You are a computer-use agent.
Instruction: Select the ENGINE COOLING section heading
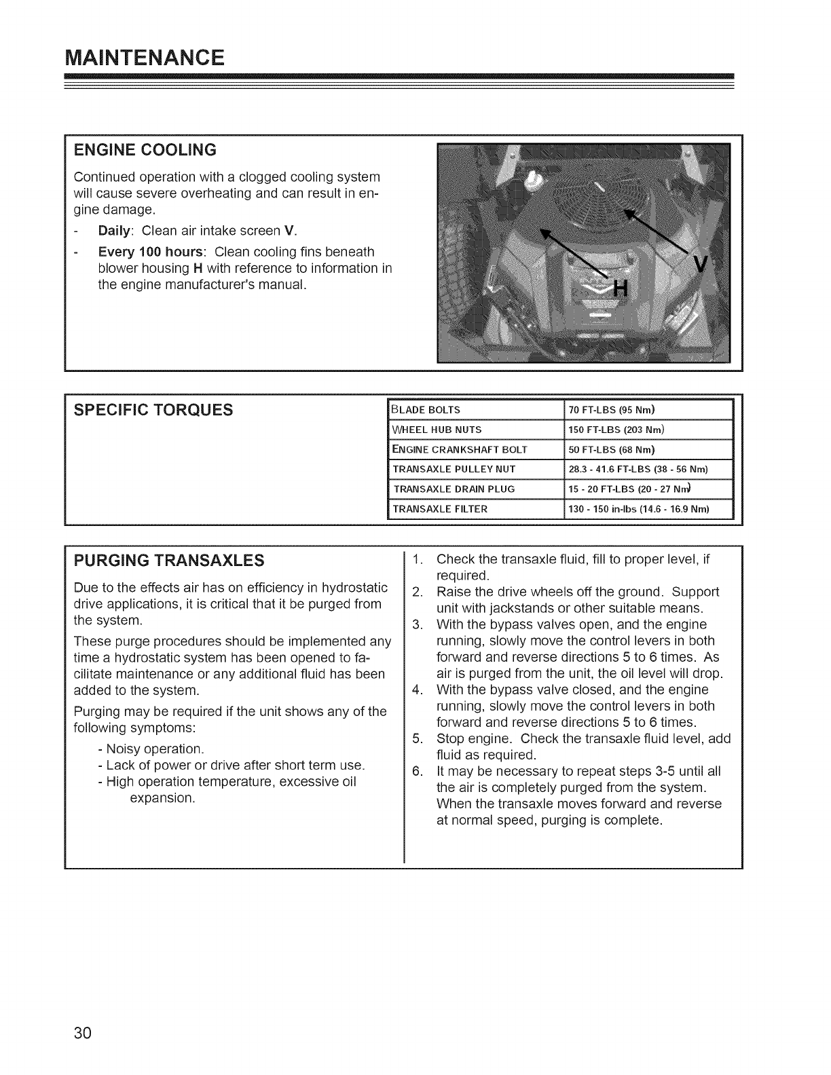point(145,149)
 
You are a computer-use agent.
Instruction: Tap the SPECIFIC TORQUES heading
point(153,410)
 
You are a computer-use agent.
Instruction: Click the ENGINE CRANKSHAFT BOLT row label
point(460,449)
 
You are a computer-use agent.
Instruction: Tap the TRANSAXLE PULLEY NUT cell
point(455,469)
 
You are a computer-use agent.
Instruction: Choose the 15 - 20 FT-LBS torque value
point(629,489)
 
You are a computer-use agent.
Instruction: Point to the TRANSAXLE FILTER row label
point(441,508)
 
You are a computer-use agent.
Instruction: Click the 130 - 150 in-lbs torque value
point(638,508)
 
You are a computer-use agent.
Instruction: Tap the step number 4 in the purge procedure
point(417,690)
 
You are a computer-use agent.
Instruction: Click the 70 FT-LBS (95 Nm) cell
point(611,410)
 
